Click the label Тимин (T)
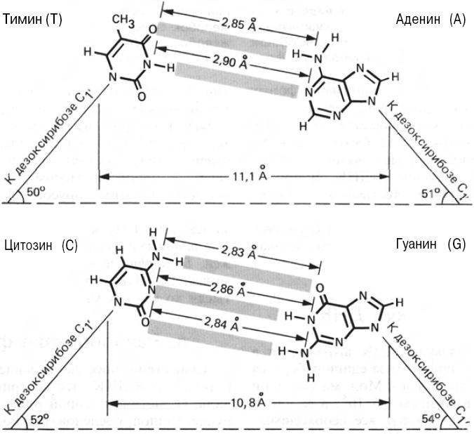[x=33, y=20]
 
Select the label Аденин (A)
[x=430, y=20]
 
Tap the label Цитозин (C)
[x=40, y=245]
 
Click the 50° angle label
[x=34, y=190]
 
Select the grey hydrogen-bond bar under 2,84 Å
[x=210, y=335]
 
